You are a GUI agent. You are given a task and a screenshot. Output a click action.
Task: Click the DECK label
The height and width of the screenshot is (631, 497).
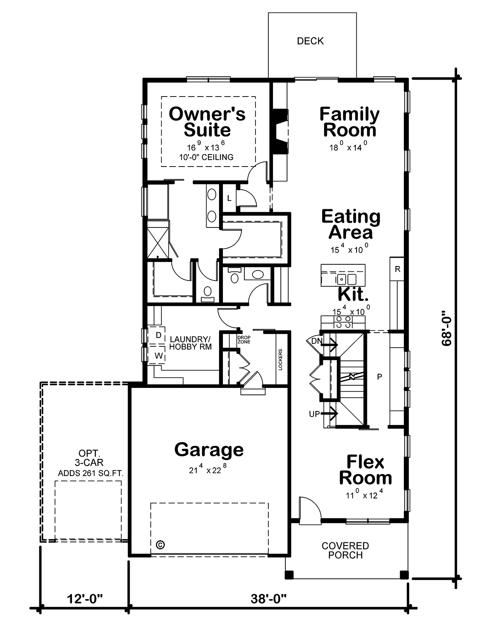click(310, 41)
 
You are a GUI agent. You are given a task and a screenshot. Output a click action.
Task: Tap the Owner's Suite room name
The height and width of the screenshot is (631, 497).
click(207, 122)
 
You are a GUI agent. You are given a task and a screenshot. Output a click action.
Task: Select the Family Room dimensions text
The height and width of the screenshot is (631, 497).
click(348, 146)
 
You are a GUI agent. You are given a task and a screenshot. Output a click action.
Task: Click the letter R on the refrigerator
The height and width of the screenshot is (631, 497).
click(398, 269)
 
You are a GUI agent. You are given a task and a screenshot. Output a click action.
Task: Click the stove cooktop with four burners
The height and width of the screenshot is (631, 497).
click(343, 322)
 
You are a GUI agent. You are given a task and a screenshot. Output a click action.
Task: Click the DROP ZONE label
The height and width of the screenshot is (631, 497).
click(244, 340)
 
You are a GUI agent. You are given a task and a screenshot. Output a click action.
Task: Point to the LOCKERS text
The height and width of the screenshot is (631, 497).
click(280, 360)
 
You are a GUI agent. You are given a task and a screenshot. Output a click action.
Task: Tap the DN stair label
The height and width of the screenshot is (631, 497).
click(316, 341)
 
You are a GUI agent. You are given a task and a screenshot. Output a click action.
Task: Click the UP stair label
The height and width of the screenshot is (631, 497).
click(314, 414)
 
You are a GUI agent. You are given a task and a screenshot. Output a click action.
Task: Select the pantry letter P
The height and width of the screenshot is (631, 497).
click(379, 377)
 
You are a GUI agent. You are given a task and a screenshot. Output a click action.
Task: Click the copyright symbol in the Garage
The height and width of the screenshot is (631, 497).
click(160, 545)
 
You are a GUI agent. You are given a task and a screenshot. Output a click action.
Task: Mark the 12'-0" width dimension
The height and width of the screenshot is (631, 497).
click(85, 599)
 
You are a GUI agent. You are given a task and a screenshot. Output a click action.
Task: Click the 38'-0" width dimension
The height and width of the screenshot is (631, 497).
click(268, 599)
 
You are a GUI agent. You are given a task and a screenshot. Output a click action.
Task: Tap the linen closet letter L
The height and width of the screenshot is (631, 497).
click(229, 198)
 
